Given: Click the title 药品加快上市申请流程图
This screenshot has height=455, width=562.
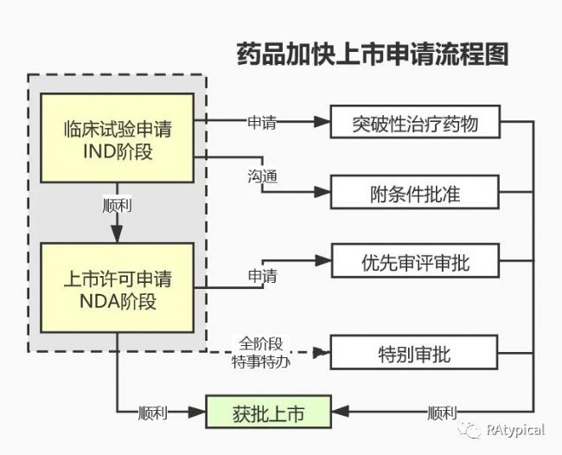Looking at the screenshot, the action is coord(373,54).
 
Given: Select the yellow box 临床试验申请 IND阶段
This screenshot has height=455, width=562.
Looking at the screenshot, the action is coord(118,138).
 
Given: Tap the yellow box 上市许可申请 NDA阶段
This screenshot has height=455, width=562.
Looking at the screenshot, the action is coord(118,287).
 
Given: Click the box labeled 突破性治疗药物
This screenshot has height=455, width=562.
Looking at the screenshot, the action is coord(415,122).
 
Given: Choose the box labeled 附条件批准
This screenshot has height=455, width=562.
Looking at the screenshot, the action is coord(415,192).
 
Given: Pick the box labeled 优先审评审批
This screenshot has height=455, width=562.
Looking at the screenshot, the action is coord(415,260).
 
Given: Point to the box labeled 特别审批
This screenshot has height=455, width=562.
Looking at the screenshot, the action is coord(414,352).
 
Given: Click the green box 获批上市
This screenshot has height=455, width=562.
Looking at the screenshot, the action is coord(268,412).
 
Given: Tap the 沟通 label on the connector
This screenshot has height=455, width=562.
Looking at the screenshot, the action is coord(262,176).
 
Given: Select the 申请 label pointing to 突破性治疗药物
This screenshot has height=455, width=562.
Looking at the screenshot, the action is coord(262,122).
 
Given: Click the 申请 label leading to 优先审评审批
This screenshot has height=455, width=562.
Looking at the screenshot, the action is coord(263,276).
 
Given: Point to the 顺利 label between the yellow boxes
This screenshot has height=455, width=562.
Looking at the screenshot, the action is coord(118,206).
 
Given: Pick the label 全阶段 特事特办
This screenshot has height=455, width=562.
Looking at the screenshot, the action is coord(261,353).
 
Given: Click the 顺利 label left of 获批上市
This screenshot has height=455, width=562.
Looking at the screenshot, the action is coord(153,413).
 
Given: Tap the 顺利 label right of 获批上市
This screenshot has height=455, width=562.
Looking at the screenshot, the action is coord(442,413).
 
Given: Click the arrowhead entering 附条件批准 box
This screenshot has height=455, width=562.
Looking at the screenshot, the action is coord(323,192).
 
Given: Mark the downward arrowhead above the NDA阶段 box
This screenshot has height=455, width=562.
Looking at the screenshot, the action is coord(118,234).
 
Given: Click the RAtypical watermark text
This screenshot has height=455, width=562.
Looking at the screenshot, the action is coord(515,430).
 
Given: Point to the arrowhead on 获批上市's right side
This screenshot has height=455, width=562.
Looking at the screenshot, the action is coord(340,412).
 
